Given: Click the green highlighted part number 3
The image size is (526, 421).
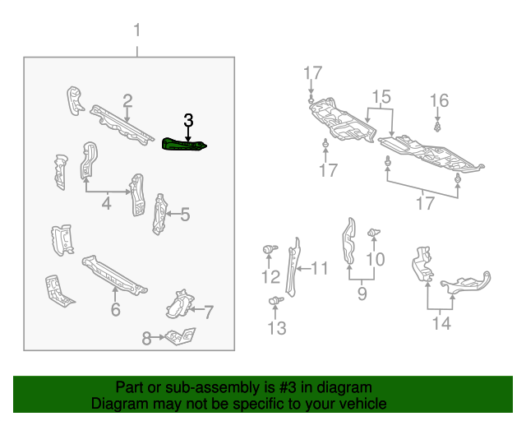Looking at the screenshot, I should (184, 146).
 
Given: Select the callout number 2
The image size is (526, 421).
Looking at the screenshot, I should (127, 101).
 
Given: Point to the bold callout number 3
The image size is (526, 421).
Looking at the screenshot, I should (188, 120).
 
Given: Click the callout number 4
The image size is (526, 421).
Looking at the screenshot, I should (106, 202).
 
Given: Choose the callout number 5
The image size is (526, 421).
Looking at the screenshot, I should (185, 215).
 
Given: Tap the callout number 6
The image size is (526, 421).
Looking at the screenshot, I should (115, 309).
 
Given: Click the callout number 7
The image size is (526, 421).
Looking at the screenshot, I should (209, 312).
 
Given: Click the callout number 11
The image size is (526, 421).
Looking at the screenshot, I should (319, 268).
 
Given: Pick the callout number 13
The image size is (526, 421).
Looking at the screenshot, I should (277, 329).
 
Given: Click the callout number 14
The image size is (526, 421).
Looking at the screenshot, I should (441, 323).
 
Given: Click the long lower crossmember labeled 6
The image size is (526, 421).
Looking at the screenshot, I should (114, 275).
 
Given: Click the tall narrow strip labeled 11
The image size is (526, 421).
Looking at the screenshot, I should (293, 263).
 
